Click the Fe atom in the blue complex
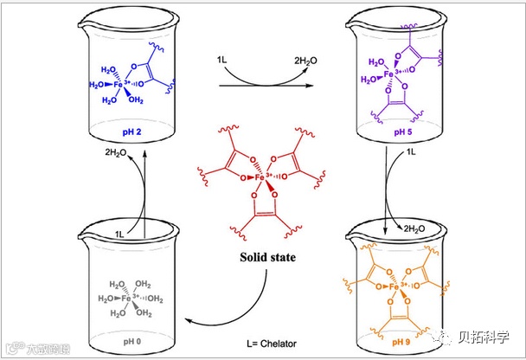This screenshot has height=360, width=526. (x=125, y=86)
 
